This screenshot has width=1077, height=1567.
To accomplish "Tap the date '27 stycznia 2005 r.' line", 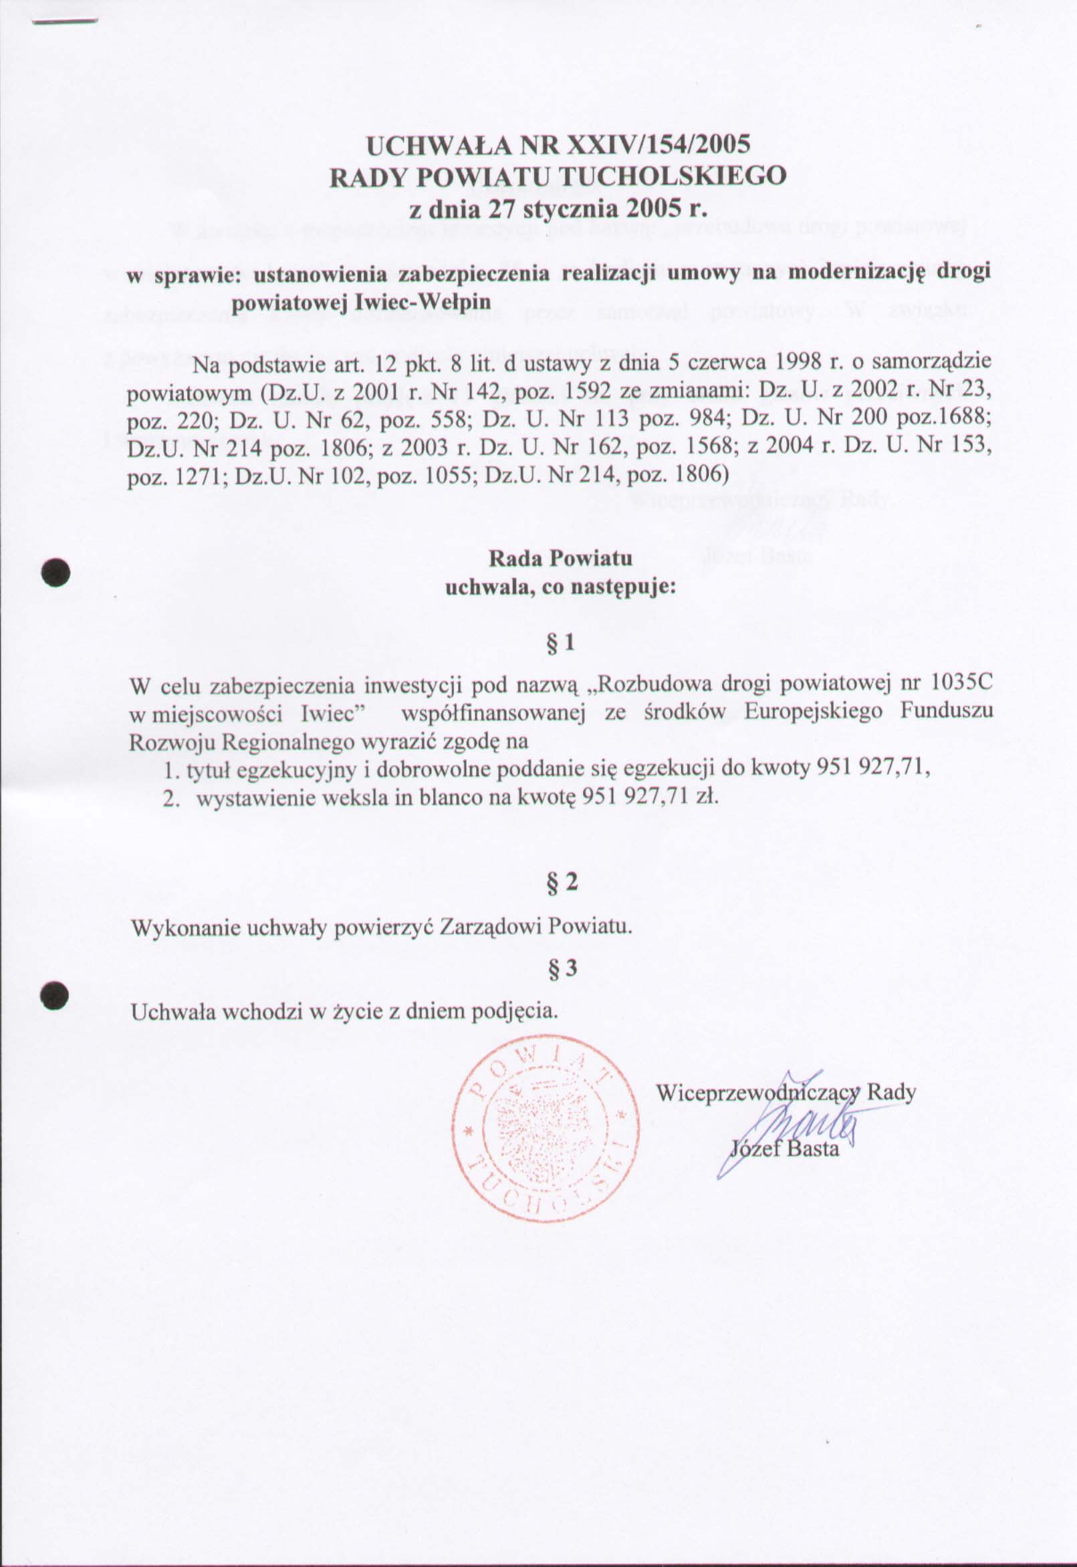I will (x=558, y=208).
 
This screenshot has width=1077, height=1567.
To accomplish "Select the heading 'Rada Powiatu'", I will (x=560, y=559).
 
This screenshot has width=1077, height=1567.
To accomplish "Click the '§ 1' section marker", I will (x=560, y=644).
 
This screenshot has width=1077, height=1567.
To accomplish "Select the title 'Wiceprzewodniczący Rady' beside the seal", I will (x=786, y=1093).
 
